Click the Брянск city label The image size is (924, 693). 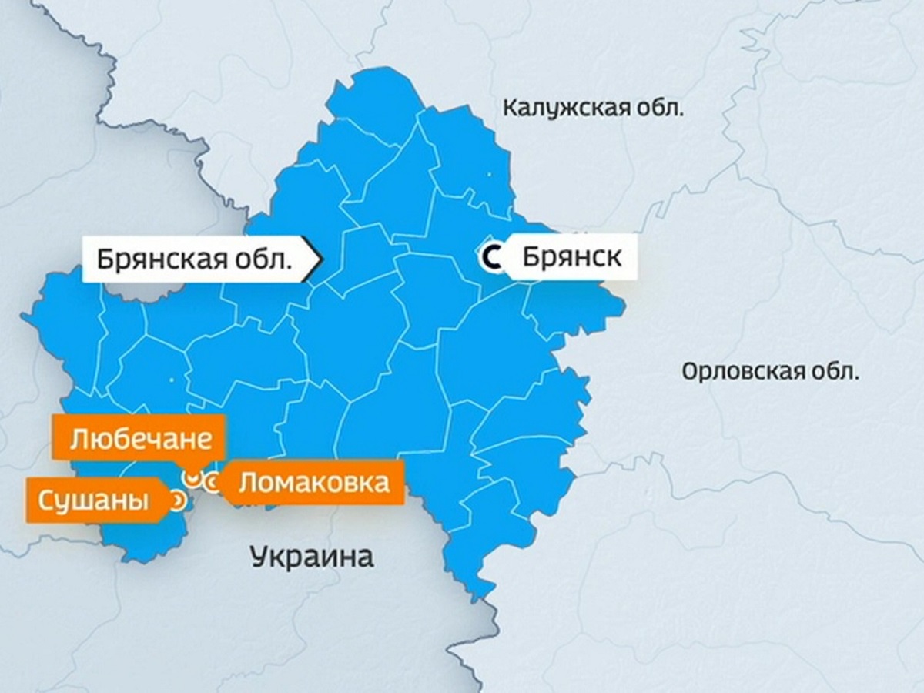tap(571, 256)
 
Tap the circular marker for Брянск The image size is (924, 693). tap(490, 257)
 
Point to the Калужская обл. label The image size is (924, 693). tap(592, 107)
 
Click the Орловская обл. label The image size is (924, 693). tap(769, 373)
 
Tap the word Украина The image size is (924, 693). tap(312, 555)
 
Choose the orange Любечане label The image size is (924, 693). tap(140, 440)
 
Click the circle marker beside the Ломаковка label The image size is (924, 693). tap(212, 483)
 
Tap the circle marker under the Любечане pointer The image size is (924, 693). tap(189, 478)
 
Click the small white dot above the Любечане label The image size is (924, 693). tap(170, 379)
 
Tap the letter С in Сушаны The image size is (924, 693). tap(45, 501)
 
